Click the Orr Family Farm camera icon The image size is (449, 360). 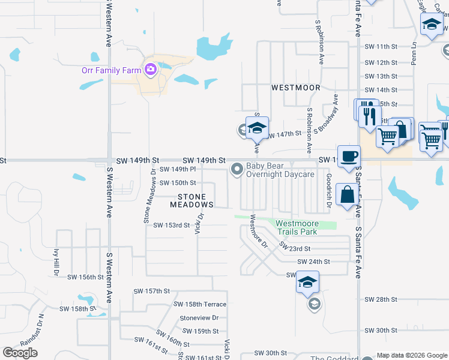[149, 70]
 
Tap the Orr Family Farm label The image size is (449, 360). [111, 70]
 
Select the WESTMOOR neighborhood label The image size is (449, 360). [295, 88]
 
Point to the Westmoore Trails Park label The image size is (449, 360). [304, 227]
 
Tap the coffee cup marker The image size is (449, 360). [349, 156]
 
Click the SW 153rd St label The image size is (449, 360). [171, 226]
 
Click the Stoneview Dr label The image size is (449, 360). [199, 318]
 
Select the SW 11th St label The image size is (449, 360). [381, 46]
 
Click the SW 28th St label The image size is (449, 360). [381, 299]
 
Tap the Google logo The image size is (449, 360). [20, 352]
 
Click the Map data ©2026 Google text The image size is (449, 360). [411, 355]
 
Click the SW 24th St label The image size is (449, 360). [315, 262]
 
